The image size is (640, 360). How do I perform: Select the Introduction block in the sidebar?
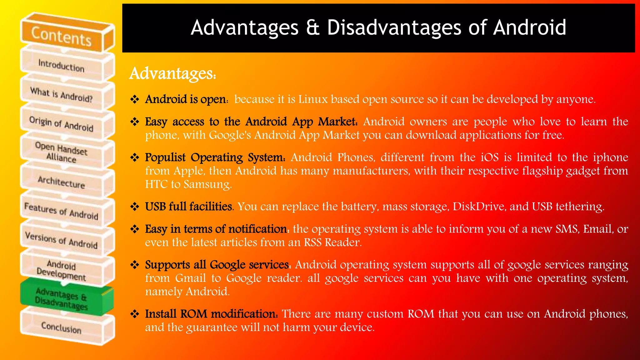61,66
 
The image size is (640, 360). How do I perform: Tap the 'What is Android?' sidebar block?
61,95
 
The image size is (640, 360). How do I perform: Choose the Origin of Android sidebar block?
61,124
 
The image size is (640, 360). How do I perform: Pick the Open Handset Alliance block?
61,152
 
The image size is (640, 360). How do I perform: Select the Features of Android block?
61,211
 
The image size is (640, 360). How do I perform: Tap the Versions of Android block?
61,240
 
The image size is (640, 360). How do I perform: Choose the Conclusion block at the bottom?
61,327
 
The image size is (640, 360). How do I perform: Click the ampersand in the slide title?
313,27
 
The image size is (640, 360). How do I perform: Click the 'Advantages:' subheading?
172,74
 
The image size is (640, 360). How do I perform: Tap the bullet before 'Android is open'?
135,99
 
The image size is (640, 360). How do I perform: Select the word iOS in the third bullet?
489,157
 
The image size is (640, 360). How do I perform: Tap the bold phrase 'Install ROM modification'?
211,314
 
